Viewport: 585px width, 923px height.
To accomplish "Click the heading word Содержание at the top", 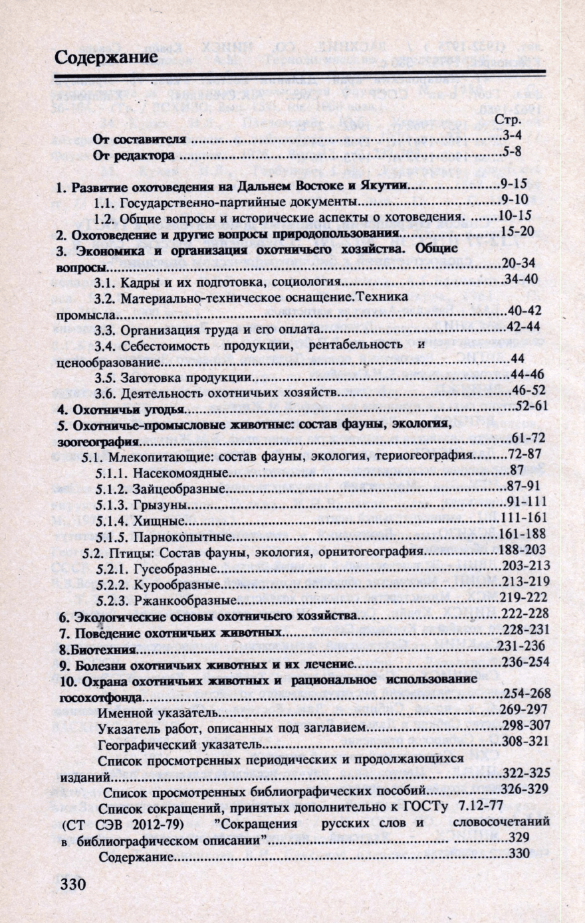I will pos(106,57).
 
